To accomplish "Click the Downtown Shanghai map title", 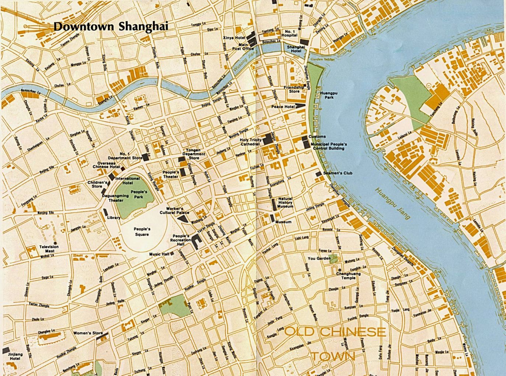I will [x=111, y=26].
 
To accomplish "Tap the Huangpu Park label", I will [x=329, y=95].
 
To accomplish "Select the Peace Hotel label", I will [x=283, y=107].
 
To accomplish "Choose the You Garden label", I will [x=319, y=259].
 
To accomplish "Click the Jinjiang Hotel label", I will [x=15, y=356].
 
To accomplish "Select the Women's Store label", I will [x=88, y=333].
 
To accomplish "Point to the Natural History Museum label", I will [x=285, y=203].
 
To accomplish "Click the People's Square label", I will [x=142, y=232].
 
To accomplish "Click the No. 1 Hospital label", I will [x=289, y=34].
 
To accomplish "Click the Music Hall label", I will [x=159, y=254].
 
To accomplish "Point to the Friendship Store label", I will [x=294, y=89].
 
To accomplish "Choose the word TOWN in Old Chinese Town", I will [x=333, y=356].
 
